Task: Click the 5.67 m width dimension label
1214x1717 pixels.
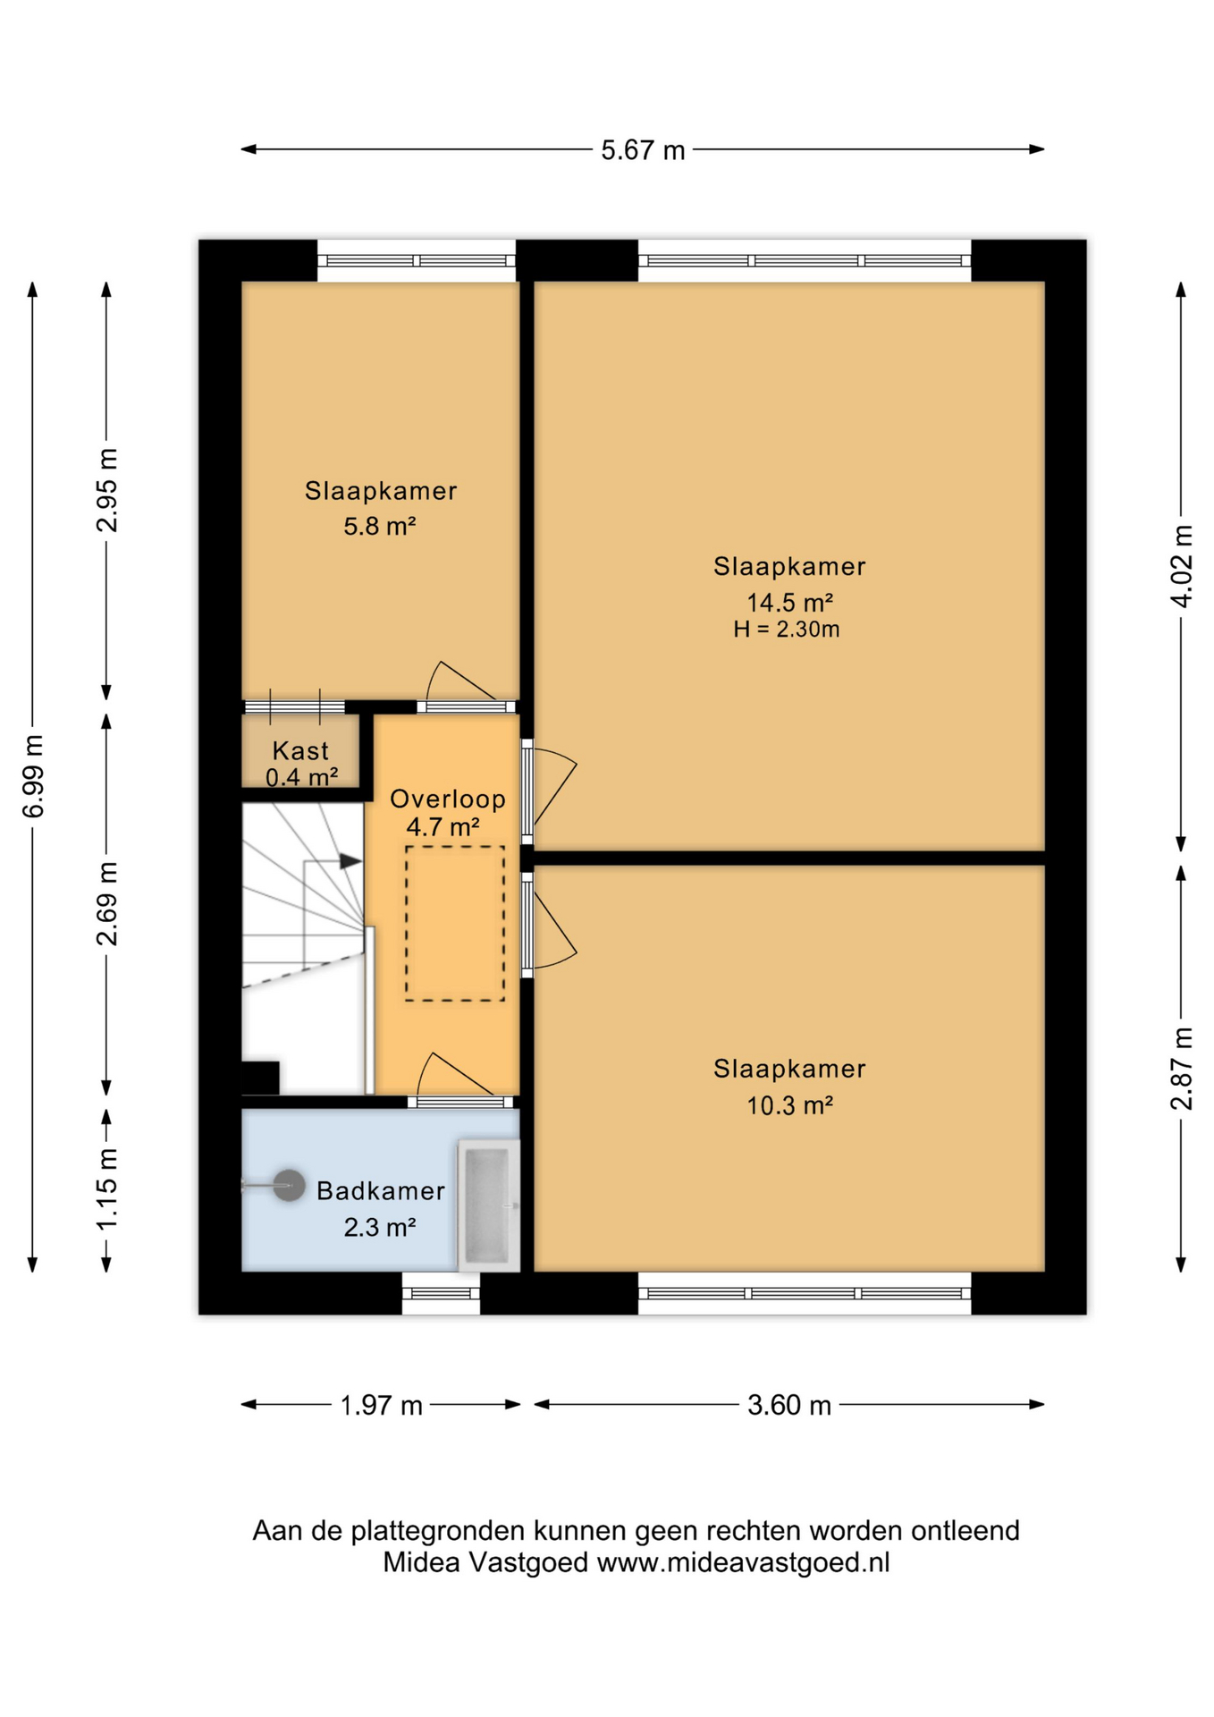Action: point(643,150)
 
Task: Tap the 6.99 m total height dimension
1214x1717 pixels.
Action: point(33,776)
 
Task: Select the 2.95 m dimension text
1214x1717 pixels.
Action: point(107,490)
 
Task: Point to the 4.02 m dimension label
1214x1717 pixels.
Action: point(1182,566)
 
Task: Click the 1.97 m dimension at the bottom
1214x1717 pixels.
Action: point(381,1405)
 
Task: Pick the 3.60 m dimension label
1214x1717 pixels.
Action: point(789,1405)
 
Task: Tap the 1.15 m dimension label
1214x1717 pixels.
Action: point(107,1188)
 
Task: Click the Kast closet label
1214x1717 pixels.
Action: point(300,750)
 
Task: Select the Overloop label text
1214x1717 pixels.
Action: point(448,799)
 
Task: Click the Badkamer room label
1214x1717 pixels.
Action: point(381,1190)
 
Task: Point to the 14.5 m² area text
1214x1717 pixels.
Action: point(790,602)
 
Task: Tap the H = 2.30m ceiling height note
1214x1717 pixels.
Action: point(787,630)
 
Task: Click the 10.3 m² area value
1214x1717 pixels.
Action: point(790,1105)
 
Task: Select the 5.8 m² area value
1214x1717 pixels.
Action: point(380,526)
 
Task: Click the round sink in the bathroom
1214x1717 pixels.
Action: point(289,1186)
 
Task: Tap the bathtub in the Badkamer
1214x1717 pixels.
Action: point(489,1205)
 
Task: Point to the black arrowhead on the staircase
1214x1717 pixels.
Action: point(350,861)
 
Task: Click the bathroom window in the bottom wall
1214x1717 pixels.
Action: point(441,1293)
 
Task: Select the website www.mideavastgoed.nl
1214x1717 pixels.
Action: point(744,1563)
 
